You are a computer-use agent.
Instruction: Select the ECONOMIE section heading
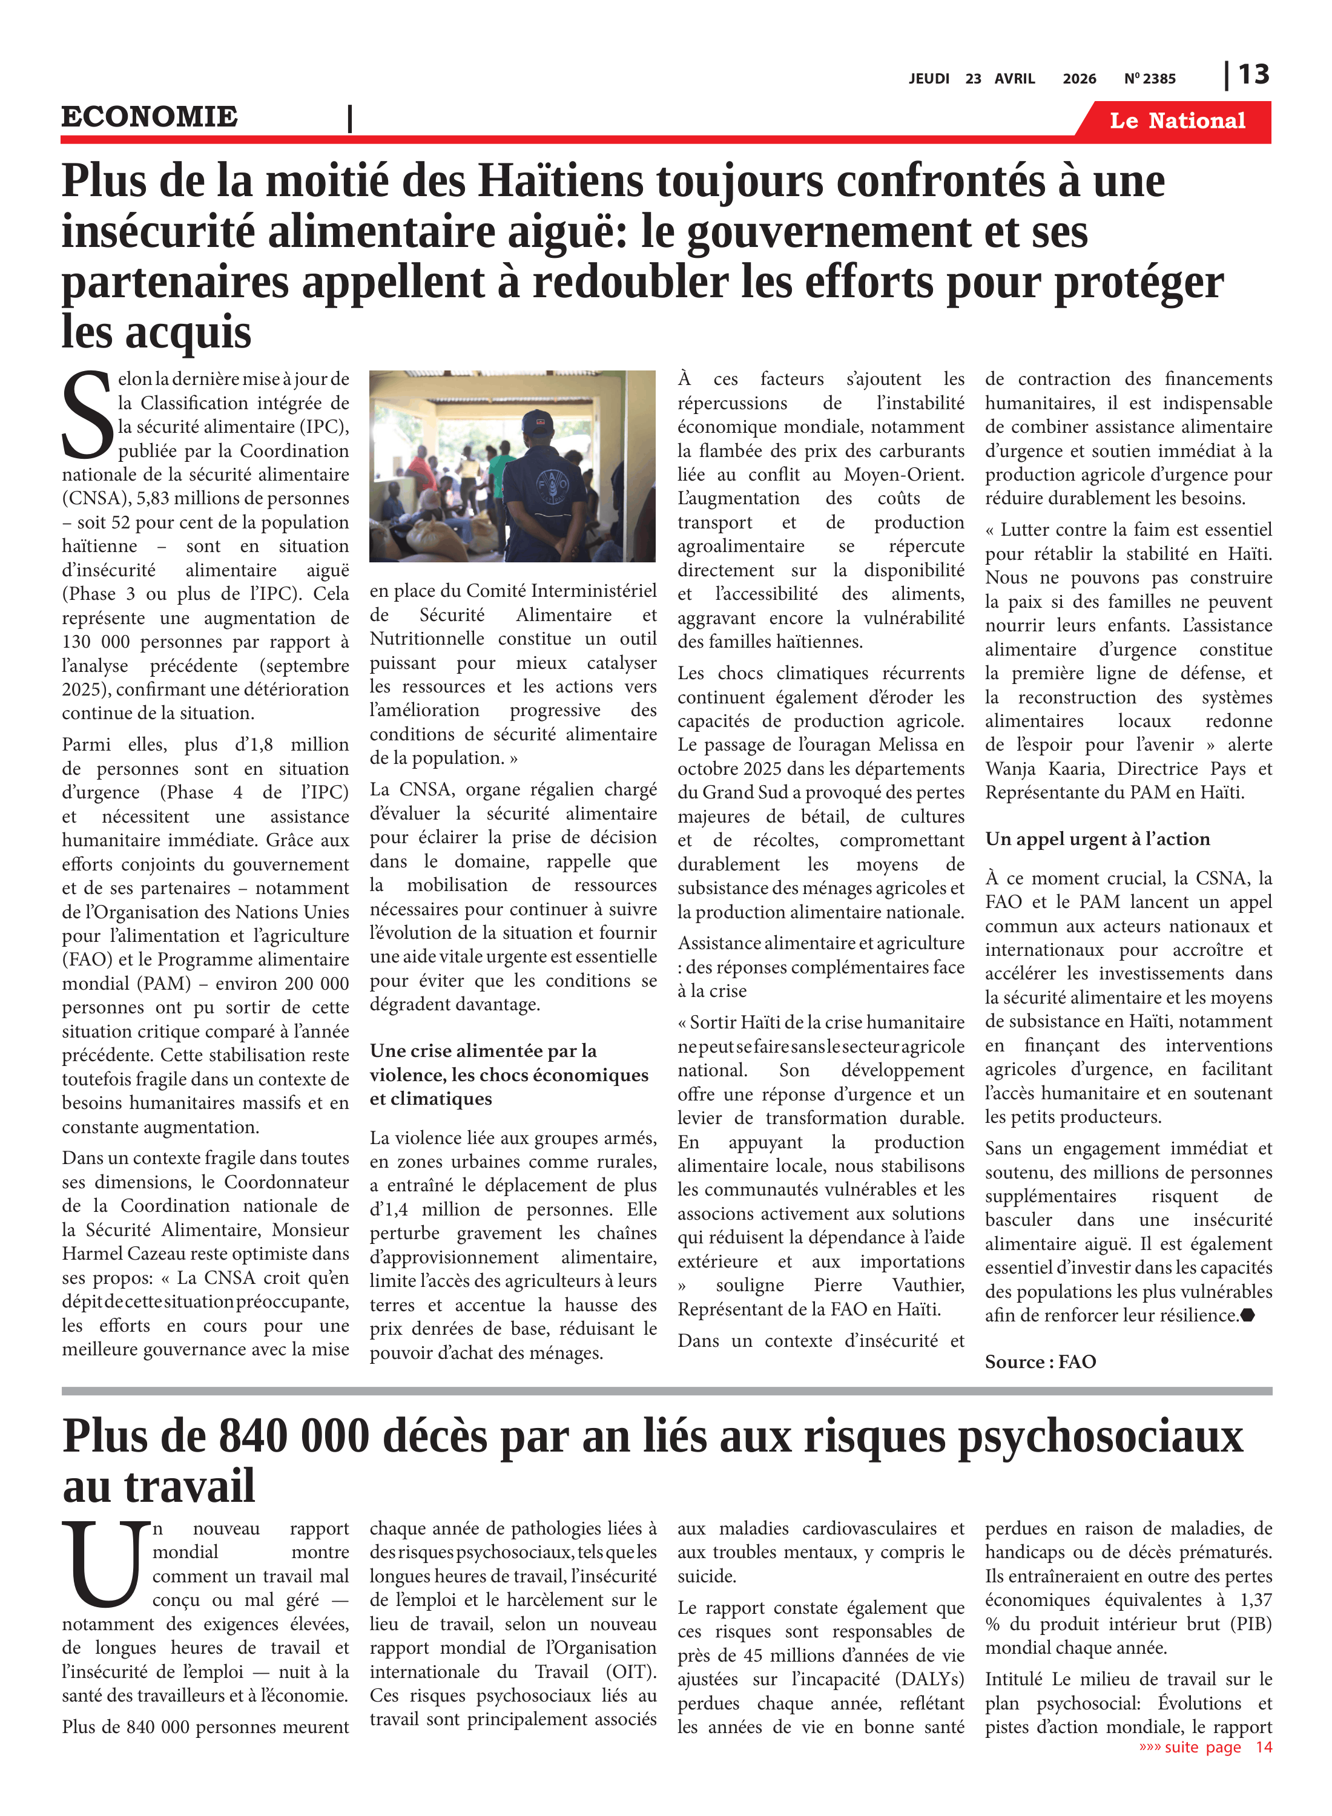(x=150, y=117)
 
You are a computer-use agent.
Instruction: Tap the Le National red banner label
(x=1176, y=121)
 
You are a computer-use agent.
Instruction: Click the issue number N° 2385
(x=1150, y=79)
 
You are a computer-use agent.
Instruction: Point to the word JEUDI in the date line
(x=929, y=79)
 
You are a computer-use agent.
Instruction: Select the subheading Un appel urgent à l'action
(x=1096, y=839)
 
